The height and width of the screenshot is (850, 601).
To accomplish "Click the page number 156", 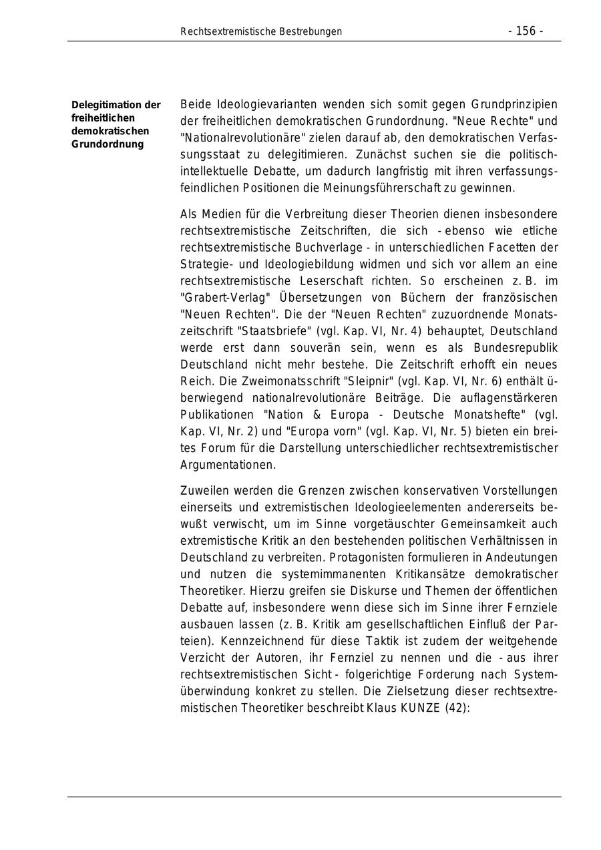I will click(x=526, y=31).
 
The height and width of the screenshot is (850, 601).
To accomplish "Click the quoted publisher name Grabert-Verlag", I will click(x=217, y=298).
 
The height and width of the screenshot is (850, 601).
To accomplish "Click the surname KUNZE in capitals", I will click(x=420, y=708).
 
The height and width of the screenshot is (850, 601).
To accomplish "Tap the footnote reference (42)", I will click(x=457, y=708).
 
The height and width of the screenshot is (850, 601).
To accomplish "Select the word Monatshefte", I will click(x=495, y=415).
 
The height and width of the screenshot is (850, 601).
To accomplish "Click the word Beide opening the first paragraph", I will click(x=196, y=105).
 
